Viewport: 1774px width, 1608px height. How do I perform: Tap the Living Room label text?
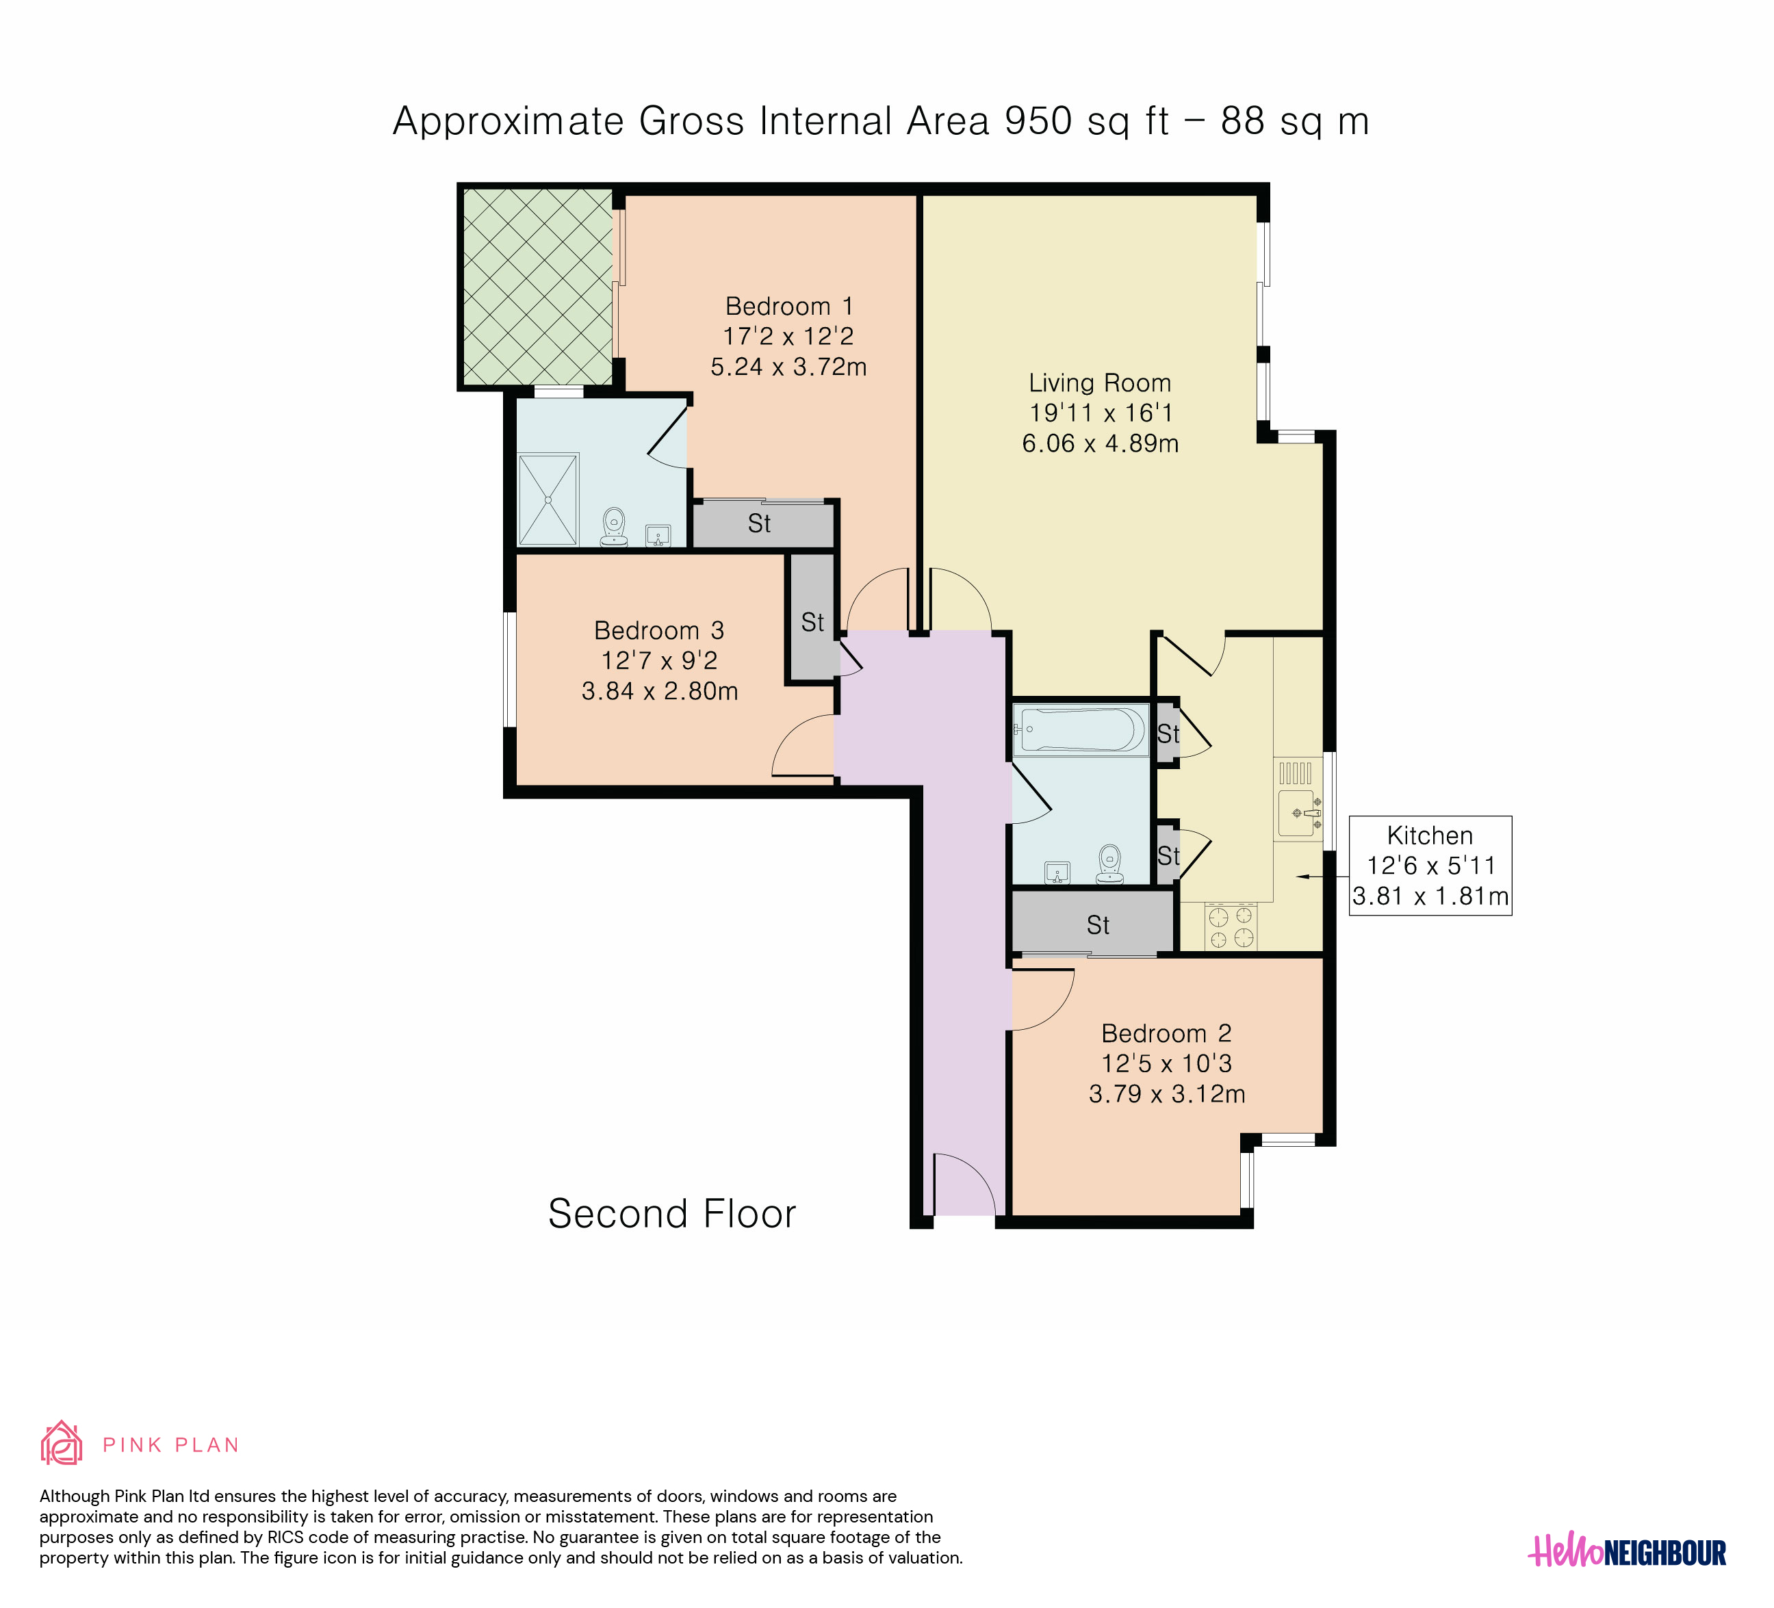1100,384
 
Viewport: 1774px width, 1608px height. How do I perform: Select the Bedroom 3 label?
659,631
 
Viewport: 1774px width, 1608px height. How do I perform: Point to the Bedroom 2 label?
1166,1034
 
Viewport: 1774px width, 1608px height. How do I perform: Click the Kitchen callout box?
1430,866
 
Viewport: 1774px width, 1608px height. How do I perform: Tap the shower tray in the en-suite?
548,500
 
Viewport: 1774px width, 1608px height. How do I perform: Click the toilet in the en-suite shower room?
614,527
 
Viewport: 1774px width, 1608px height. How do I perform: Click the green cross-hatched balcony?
537,287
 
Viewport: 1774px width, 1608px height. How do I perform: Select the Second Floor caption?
672,1214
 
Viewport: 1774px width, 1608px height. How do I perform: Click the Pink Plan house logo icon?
62,1444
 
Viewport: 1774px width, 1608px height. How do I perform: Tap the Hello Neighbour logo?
1627,1553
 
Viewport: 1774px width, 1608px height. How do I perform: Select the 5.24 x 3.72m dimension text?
789,367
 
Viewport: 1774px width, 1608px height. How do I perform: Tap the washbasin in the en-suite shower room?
658,535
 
